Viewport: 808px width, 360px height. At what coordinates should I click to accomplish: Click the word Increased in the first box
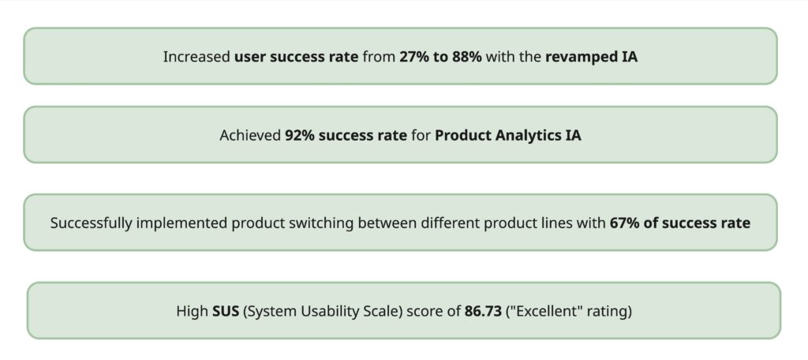pos(196,57)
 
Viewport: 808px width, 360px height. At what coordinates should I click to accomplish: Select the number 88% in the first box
pos(467,56)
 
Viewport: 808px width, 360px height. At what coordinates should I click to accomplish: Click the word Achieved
pos(250,136)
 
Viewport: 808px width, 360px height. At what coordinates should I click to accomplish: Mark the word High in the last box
pos(193,312)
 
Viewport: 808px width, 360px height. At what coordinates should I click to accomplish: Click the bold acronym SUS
pos(226,312)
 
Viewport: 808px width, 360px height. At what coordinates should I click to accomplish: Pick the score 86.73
pos(483,312)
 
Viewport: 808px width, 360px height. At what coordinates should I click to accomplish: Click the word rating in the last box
pos(609,312)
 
